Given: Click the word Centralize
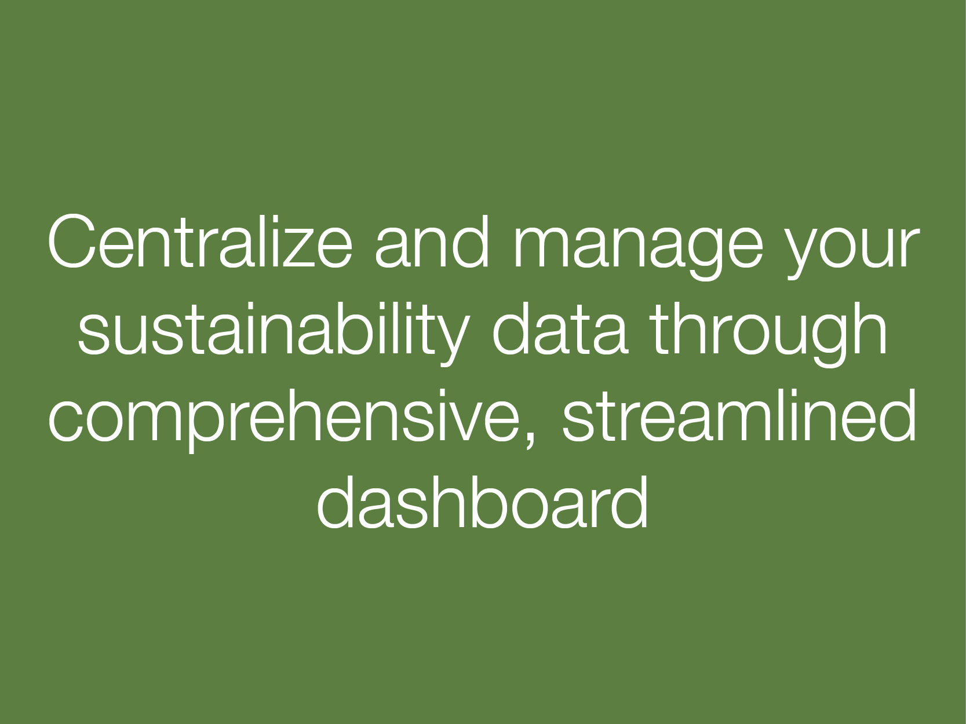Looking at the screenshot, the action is click(x=201, y=241).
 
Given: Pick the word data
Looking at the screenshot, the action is click(x=559, y=328).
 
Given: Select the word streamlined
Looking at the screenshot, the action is click(x=739, y=414).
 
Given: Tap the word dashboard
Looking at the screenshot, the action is click(x=482, y=501).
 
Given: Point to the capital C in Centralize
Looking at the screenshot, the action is click(x=72, y=241).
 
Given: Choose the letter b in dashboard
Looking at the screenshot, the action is click(x=484, y=502).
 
